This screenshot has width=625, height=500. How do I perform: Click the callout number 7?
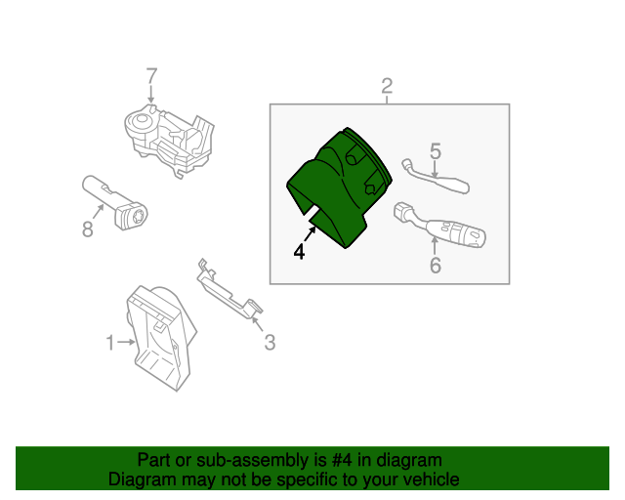tap(152, 76)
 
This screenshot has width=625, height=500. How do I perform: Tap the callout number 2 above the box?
tap(387, 86)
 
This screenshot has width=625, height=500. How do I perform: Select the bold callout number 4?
tap(299, 252)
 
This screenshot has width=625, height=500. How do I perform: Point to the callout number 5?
tap(436, 151)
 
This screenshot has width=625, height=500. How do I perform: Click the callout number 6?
tap(436, 266)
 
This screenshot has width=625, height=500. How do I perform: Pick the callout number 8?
tap(88, 229)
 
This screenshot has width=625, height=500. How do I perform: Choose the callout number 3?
tap(270, 342)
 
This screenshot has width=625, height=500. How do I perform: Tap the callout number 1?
tap(110, 343)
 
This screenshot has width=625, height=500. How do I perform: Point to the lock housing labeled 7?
tap(169, 140)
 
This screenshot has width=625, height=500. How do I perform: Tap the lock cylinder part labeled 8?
tap(114, 202)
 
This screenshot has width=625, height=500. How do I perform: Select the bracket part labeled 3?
tap(229, 290)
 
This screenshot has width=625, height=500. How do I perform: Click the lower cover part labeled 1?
tap(161, 338)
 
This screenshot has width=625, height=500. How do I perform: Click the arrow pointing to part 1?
tap(126, 342)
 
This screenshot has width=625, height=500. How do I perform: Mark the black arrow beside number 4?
tap(311, 233)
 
